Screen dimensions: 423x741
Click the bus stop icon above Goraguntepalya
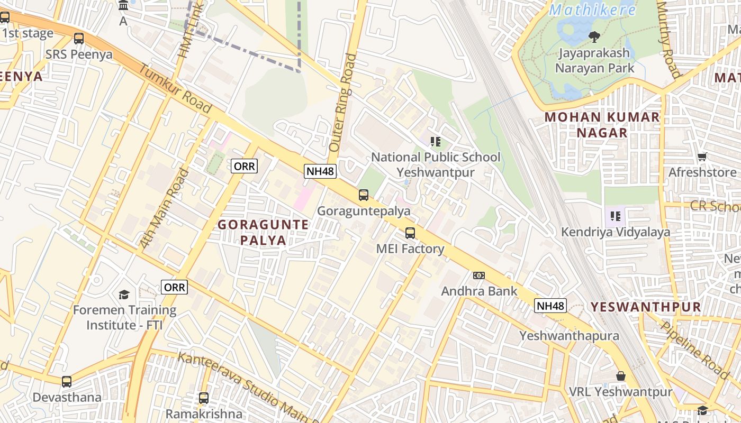[364, 195]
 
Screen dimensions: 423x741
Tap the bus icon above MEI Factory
[410, 233]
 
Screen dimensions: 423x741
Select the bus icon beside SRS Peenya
[79, 39]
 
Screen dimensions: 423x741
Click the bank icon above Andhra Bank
[479, 275]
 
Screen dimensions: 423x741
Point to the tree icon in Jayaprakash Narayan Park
[594, 36]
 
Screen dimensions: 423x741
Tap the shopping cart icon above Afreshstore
[702, 157]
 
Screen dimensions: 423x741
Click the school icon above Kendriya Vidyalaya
[616, 216]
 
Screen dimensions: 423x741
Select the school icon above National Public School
[436, 141]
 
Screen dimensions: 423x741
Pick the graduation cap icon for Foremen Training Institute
[124, 295]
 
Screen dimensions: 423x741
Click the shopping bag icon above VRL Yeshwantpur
[621, 376]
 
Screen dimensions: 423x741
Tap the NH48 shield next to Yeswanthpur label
[550, 306]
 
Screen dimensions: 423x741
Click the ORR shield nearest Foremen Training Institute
[175, 287]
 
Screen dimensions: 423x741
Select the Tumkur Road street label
[175, 89]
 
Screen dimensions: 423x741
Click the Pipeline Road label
[695, 349]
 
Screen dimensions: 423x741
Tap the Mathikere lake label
[593, 10]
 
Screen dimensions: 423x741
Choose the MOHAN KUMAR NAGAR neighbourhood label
[602, 125]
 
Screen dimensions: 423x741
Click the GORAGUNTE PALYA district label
[264, 232]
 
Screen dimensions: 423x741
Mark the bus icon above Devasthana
[67, 381]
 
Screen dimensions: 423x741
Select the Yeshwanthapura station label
[569, 336]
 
